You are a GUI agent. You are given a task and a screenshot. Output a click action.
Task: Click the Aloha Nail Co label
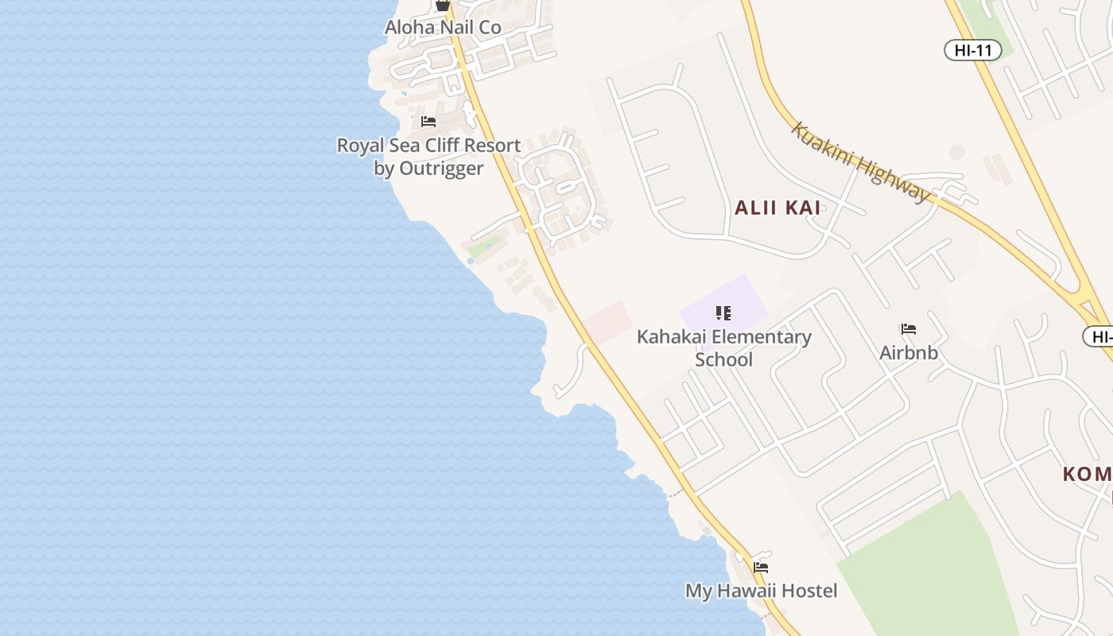point(443,27)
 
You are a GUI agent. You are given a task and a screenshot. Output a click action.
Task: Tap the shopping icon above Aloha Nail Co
point(443,5)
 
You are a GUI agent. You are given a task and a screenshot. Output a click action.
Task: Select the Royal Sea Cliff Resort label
point(429,157)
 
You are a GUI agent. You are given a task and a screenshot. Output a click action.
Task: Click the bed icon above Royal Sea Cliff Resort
point(429,122)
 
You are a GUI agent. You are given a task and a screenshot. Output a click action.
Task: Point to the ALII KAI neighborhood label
point(778,208)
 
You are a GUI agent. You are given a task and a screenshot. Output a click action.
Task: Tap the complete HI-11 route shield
point(972,50)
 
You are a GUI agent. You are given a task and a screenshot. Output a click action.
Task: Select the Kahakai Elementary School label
point(723,347)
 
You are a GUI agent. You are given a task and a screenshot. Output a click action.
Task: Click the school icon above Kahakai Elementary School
point(723,313)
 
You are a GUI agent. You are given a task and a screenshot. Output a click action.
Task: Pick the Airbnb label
point(909,352)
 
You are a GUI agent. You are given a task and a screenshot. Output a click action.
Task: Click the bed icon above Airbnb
point(908,329)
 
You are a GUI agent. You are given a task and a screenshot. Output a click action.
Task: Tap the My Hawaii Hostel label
point(761,591)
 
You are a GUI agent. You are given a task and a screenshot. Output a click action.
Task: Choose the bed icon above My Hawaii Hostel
point(761,568)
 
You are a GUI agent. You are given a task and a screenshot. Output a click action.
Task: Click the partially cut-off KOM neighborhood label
point(1087,475)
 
